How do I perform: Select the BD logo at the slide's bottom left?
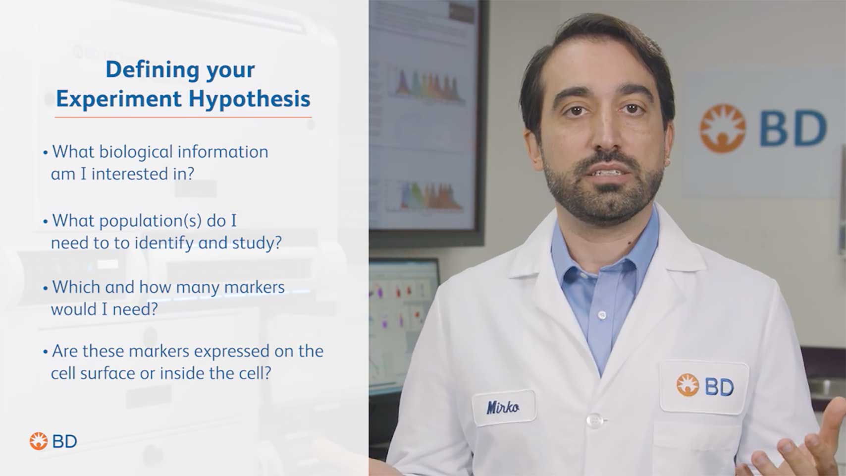(x=53, y=441)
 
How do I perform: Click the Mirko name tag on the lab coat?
(x=503, y=408)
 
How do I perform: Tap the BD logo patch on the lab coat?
(x=704, y=386)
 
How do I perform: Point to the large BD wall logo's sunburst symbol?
(x=723, y=128)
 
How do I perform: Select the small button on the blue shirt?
(x=602, y=314)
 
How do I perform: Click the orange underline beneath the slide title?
(x=183, y=118)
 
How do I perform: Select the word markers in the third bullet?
(x=254, y=288)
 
